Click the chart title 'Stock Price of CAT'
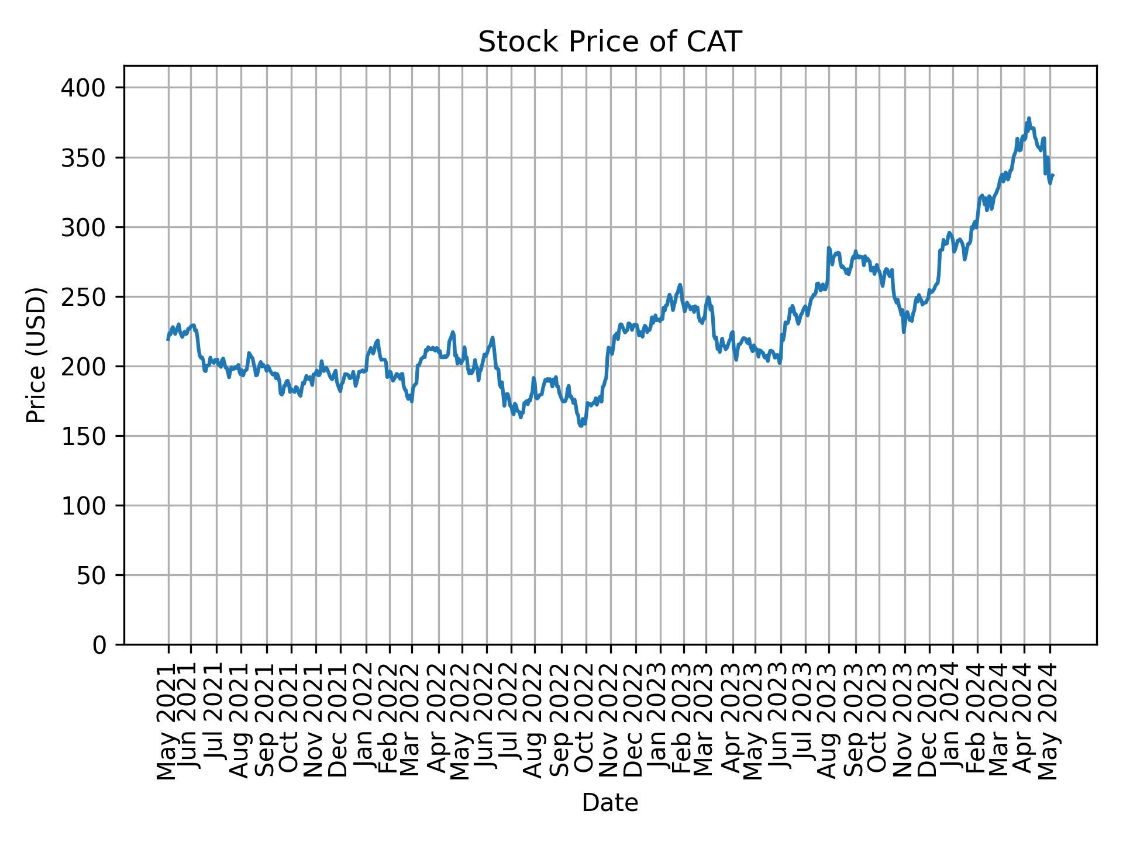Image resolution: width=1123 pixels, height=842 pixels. [x=609, y=43]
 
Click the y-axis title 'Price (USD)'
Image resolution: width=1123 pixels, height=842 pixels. [x=36, y=355]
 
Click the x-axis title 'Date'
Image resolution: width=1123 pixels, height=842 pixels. [x=609, y=803]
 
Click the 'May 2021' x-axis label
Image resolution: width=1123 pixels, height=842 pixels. [x=168, y=720]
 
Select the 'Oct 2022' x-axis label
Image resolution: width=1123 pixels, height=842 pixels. [x=585, y=720]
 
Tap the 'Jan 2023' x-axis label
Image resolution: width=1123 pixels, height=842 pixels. [x=660, y=720]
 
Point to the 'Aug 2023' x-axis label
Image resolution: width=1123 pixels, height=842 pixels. [x=828, y=720]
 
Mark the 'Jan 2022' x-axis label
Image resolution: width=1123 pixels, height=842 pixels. [x=366, y=720]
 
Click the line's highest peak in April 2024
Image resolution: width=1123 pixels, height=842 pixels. [x=1029, y=118]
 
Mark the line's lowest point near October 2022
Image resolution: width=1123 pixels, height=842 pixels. [x=581, y=426]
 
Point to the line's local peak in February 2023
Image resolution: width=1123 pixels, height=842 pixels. [x=680, y=285]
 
